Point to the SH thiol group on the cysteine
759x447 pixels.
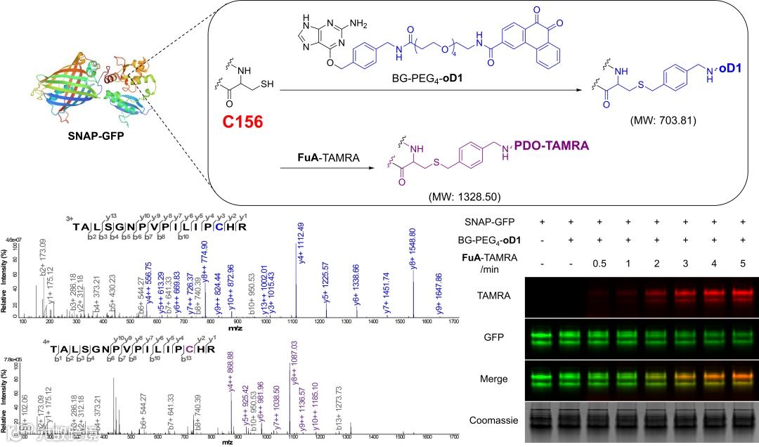266,82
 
